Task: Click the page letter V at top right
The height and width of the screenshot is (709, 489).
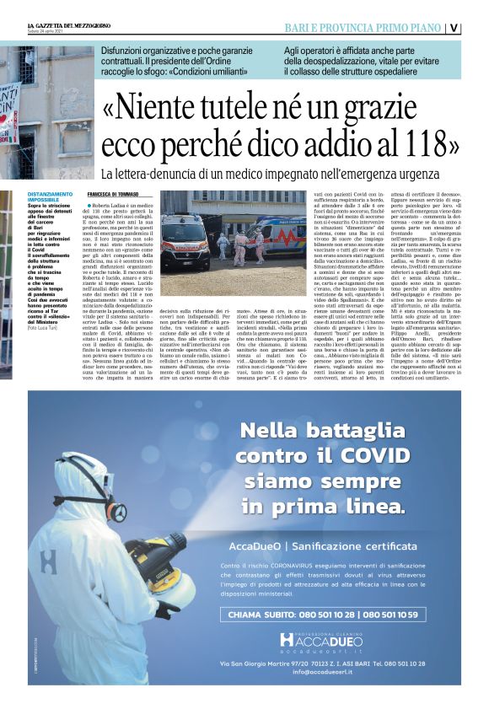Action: (478, 27)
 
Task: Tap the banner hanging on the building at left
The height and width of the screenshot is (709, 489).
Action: (8, 114)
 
